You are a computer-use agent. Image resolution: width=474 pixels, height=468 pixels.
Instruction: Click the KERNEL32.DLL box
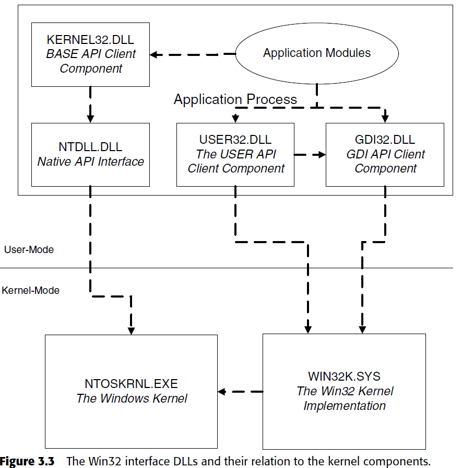click(90, 54)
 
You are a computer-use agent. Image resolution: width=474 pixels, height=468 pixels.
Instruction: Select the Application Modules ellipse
click(317, 53)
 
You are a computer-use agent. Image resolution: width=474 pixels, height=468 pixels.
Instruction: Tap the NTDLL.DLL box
click(90, 155)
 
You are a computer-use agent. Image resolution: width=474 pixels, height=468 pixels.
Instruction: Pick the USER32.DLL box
click(235, 155)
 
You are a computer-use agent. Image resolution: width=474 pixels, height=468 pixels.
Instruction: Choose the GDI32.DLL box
click(385, 155)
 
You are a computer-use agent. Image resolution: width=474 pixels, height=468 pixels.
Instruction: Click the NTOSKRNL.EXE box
click(131, 391)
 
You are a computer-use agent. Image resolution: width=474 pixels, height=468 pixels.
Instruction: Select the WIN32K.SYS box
click(345, 391)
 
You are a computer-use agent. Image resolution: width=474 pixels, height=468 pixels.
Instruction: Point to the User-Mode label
click(29, 249)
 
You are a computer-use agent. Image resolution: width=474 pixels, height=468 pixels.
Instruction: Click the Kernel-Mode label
click(31, 290)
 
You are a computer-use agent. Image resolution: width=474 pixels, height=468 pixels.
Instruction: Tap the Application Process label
click(235, 99)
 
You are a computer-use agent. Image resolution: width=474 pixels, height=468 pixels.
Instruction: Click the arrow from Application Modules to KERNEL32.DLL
click(193, 54)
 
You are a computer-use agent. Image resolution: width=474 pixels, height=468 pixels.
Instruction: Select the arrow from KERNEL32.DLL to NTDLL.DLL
click(90, 105)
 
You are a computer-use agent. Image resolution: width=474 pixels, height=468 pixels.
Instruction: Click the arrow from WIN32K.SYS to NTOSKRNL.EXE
click(240, 391)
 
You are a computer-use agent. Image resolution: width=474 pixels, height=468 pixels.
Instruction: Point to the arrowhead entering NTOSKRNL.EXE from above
click(132, 330)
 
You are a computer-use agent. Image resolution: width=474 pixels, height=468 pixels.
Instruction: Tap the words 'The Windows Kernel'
click(132, 398)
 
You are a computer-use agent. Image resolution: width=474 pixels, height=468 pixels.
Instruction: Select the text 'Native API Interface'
click(90, 162)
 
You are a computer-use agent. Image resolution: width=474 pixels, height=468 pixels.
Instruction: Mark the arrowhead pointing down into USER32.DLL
click(235, 117)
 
